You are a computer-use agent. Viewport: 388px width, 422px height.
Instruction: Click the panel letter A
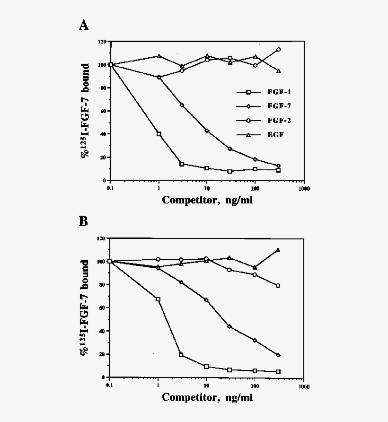point(83,26)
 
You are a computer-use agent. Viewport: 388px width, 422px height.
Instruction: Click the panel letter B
point(83,221)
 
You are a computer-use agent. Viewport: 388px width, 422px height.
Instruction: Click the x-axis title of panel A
point(207,200)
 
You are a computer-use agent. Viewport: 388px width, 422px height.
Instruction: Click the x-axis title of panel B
point(207,397)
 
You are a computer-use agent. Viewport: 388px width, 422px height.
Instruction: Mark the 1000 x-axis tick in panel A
point(304,188)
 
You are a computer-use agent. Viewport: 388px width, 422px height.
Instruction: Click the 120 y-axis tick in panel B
point(100,238)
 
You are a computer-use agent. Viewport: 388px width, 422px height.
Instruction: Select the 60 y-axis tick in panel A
point(101,111)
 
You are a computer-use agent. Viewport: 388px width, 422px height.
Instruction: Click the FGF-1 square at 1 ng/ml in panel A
point(159,134)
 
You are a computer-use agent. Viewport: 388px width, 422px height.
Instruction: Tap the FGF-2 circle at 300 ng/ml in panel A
point(278,50)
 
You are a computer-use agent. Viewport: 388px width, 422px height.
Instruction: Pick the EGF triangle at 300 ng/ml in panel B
point(278,250)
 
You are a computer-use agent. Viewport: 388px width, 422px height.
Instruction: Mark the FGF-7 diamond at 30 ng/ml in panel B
point(229,327)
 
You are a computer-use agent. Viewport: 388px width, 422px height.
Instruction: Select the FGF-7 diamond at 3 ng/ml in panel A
point(182,105)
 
